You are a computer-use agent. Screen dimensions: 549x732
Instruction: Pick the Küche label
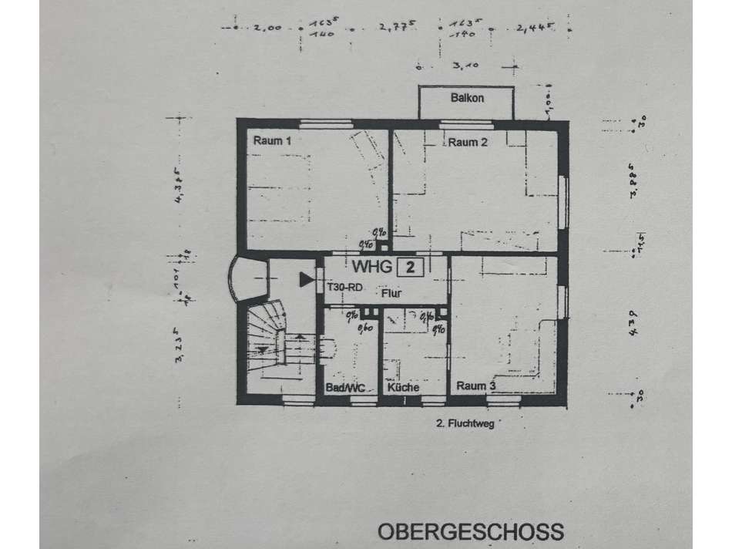click(404, 387)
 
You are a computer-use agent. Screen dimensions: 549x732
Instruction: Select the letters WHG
click(371, 268)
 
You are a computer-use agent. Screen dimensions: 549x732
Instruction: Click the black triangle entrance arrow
click(307, 277)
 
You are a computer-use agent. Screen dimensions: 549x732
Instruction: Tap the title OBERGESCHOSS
click(470, 532)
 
